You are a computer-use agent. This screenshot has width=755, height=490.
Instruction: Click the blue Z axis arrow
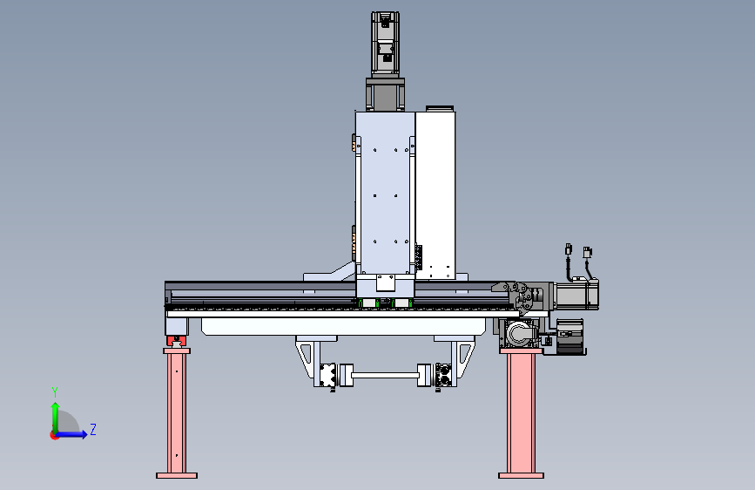click(x=71, y=434)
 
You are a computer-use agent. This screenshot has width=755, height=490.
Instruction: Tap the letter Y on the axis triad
click(x=55, y=392)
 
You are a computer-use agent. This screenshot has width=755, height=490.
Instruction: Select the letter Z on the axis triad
click(x=93, y=429)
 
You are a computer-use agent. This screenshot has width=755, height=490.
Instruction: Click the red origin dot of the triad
click(x=54, y=435)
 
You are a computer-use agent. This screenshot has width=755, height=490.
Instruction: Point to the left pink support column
click(x=177, y=413)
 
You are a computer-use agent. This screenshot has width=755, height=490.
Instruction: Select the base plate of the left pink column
click(x=177, y=475)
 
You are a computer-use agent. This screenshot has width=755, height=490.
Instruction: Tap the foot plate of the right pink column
click(x=521, y=475)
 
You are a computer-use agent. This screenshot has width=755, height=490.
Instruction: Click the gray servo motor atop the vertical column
click(x=385, y=44)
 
